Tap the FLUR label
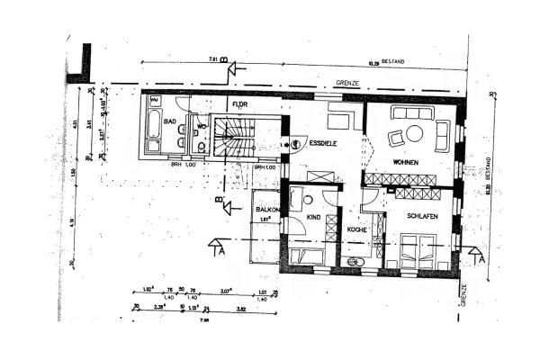click(239, 105)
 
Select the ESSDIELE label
click(323, 143)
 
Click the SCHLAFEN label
click(421, 217)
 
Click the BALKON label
click(265, 209)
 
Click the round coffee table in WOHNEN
click(414, 133)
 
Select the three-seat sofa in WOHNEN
click(413, 112)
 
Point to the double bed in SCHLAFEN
click(418, 251)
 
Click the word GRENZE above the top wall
click(347, 83)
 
